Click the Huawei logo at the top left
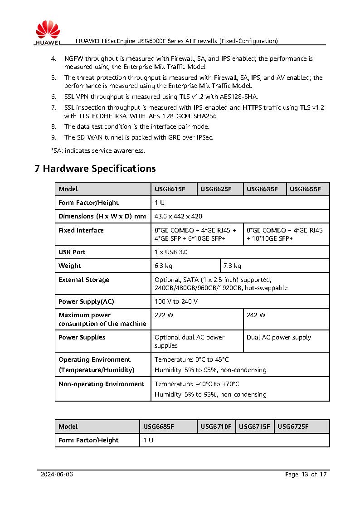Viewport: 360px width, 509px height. tap(47, 34)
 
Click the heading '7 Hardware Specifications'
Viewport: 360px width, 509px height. tap(95, 169)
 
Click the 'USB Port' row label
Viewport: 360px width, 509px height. tap(72, 252)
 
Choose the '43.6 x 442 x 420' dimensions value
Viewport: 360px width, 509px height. tap(178, 216)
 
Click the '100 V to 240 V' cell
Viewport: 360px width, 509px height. tap(176, 301)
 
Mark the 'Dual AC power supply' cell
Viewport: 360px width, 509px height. tap(279, 337)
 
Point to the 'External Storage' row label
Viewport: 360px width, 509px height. tap(84, 280)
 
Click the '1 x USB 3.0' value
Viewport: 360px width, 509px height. tap(171, 252)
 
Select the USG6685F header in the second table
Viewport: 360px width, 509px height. tap(159, 427)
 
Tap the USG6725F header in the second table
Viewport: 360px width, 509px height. tap(293, 427)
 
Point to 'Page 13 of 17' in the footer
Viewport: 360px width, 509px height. tap(306, 475)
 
